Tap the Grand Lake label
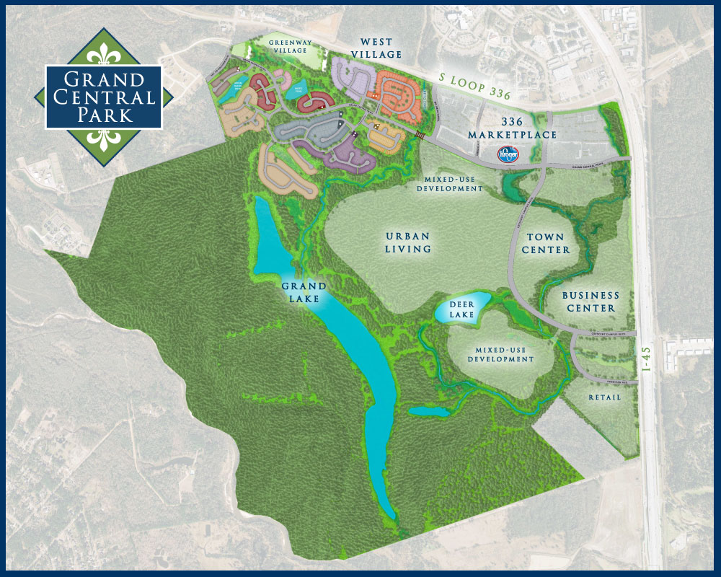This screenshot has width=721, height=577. (304, 292)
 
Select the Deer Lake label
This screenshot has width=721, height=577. (462, 309)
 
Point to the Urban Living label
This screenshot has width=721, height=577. (408, 242)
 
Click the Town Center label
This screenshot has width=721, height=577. (548, 243)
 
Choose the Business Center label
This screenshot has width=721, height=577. (590, 301)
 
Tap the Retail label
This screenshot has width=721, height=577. (604, 397)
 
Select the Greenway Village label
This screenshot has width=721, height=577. (291, 48)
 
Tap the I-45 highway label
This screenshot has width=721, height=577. (647, 358)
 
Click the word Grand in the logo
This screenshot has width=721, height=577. (104, 79)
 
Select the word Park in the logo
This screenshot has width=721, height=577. (104, 115)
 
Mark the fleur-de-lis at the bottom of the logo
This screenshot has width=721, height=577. (104, 138)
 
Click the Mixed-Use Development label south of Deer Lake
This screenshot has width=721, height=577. (501, 353)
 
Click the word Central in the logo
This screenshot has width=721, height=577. (104, 97)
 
